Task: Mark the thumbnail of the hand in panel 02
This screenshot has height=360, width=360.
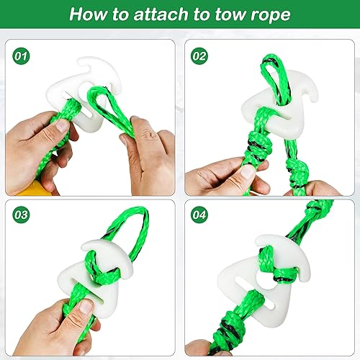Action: pyautogui.click(x=246, y=171)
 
